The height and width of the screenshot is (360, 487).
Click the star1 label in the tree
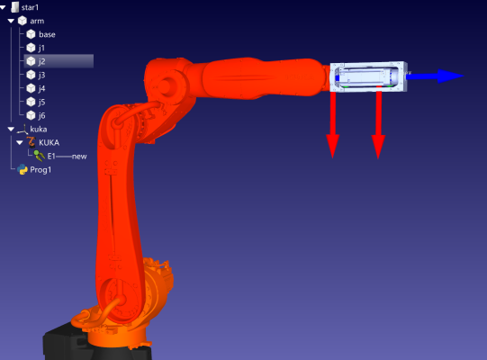coord(30,7)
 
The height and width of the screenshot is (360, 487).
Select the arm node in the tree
coord(37,21)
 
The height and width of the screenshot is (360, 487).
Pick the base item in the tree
coord(47,34)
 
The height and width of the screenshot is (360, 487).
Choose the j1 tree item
coord(41,48)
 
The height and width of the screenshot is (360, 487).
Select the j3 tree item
coord(42,76)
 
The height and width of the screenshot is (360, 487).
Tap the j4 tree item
coord(42,89)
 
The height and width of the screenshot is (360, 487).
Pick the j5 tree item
coord(42,103)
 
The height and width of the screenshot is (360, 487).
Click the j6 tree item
coord(42,116)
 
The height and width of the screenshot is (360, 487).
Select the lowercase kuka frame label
coord(39,129)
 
